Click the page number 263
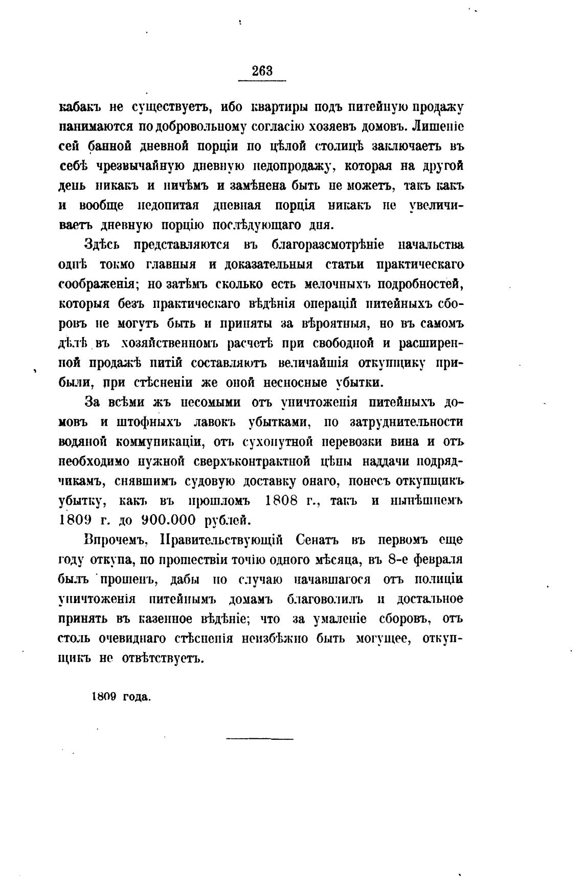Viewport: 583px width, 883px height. coord(262,72)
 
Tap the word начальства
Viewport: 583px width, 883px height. coord(433,245)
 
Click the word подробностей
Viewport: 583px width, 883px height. coord(419,284)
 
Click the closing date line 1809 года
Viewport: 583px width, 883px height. coord(121,696)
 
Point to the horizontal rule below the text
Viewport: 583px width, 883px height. coord(259,739)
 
